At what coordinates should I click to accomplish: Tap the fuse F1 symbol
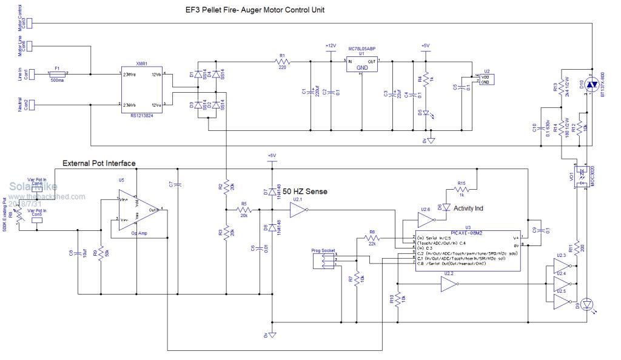(57, 73)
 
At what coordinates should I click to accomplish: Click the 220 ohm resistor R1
(283, 61)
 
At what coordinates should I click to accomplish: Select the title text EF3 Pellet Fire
(255, 10)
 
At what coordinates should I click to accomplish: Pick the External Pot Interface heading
(99, 163)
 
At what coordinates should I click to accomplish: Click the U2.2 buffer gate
(449, 288)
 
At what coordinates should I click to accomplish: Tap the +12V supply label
(331, 46)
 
